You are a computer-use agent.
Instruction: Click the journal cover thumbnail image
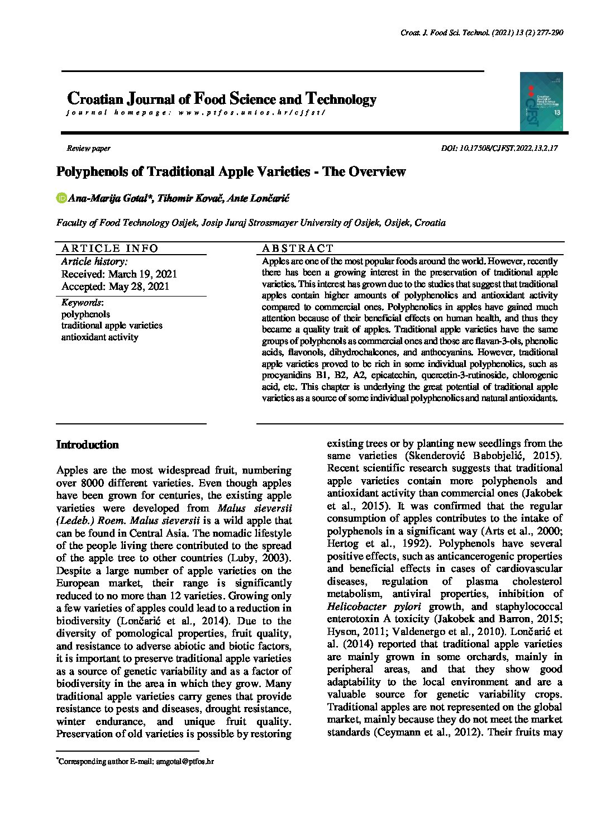click(x=541, y=102)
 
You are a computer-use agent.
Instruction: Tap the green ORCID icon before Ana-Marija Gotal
click(x=61, y=198)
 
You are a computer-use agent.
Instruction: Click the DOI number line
click(x=499, y=149)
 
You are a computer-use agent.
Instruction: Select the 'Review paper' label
click(x=88, y=149)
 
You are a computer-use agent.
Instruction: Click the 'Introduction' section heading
click(x=88, y=445)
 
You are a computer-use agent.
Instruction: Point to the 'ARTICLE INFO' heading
click(x=109, y=249)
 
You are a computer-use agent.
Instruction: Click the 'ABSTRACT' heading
click(x=297, y=249)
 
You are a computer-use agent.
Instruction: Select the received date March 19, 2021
click(x=142, y=274)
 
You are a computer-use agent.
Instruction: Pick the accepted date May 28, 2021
click(x=139, y=287)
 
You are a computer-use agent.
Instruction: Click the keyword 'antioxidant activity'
click(x=99, y=337)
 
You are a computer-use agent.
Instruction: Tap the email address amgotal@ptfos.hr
click(x=185, y=761)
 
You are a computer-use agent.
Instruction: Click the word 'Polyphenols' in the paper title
click(x=92, y=172)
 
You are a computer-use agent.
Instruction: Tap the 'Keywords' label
click(x=82, y=303)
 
